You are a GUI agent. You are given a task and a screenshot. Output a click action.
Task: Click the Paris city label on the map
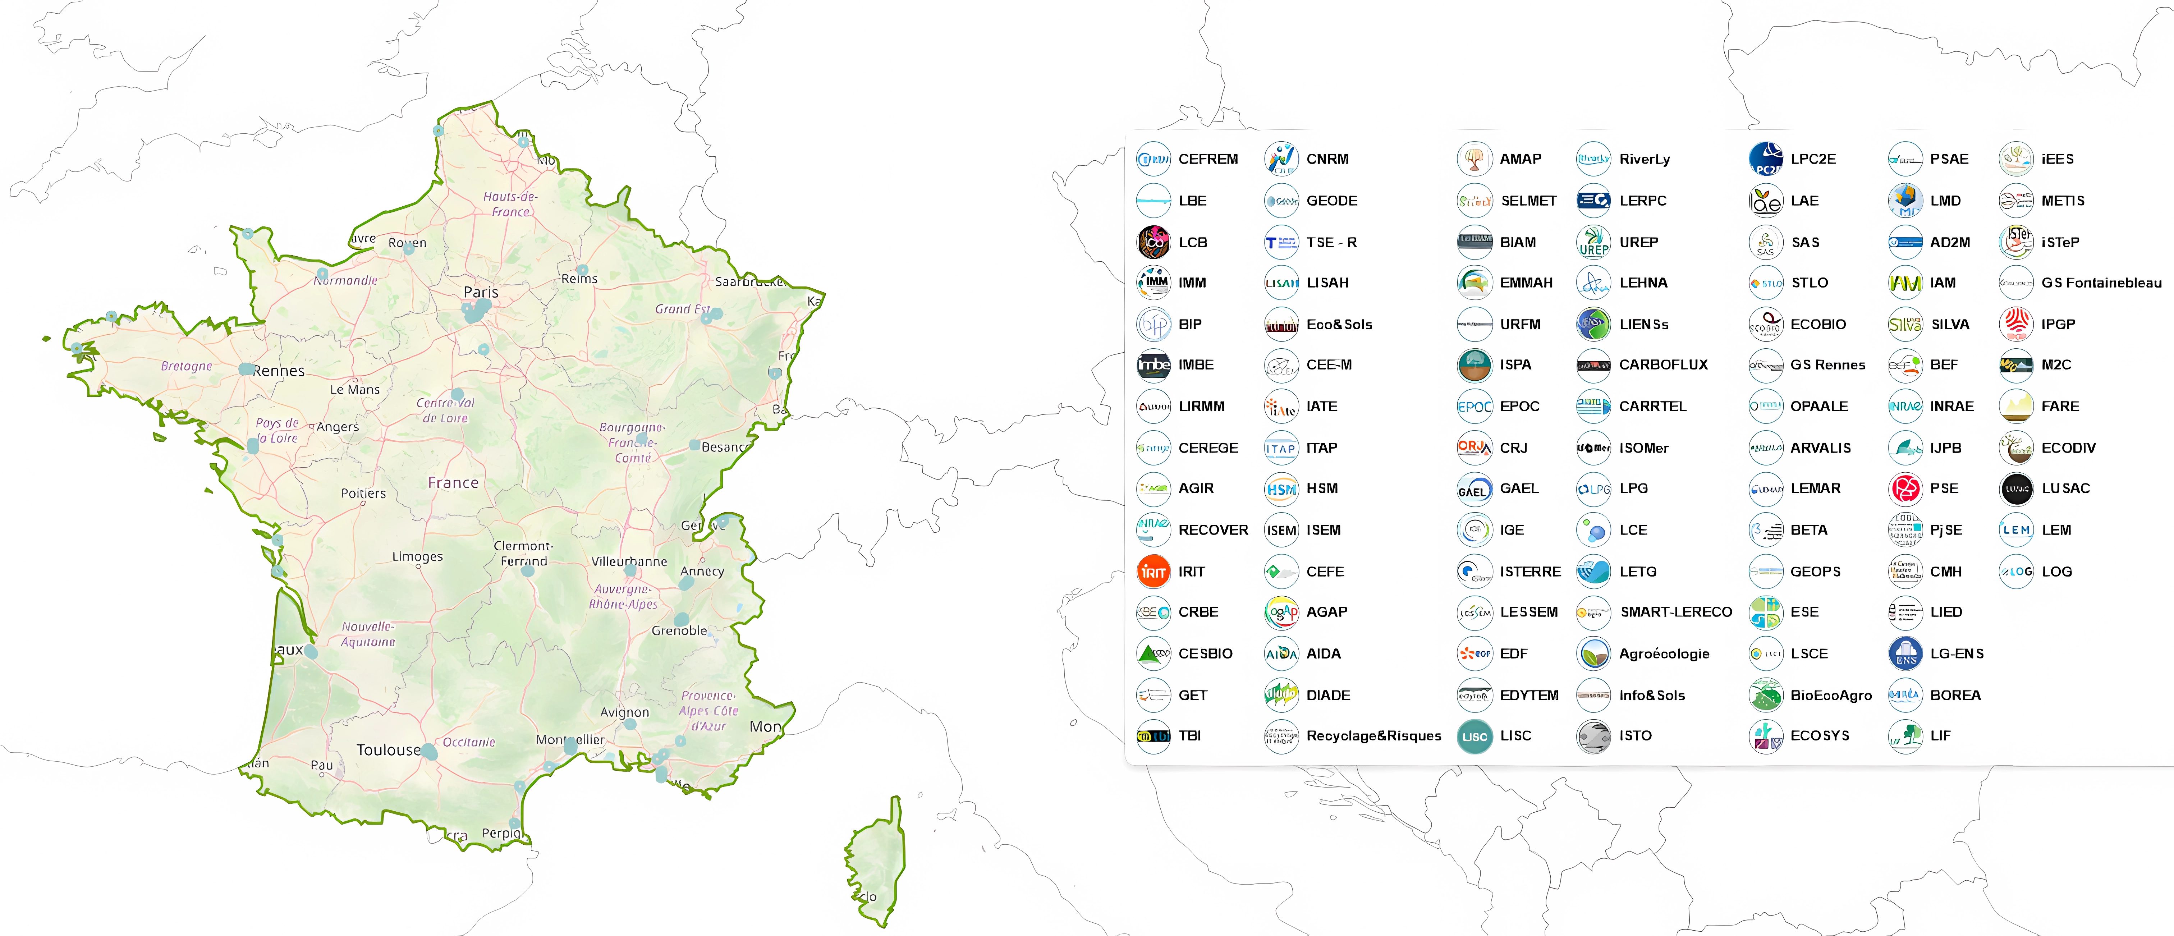coord(481,292)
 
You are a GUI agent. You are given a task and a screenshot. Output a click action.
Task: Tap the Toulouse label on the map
coord(388,749)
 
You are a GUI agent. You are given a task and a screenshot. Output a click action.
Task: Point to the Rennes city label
coord(279,371)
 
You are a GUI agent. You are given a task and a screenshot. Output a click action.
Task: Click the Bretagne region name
coord(187,366)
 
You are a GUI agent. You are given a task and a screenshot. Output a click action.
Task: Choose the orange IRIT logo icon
coord(1153,572)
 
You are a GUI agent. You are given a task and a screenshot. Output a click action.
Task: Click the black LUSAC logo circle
coord(2016,489)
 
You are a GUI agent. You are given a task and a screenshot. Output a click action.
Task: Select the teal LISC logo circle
coord(1474,736)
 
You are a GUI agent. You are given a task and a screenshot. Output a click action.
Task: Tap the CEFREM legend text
coord(1208,159)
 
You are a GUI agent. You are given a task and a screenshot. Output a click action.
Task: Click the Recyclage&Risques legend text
coord(1373,736)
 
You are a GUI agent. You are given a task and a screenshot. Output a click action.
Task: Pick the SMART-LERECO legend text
coord(1675,612)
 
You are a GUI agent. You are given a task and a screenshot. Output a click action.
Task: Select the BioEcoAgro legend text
coord(1830,696)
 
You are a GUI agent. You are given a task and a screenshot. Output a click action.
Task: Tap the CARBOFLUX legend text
coord(1662,364)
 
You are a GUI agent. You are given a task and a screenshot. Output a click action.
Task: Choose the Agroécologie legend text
coord(1664,653)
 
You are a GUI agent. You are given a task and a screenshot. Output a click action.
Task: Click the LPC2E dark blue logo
coord(1766,159)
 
